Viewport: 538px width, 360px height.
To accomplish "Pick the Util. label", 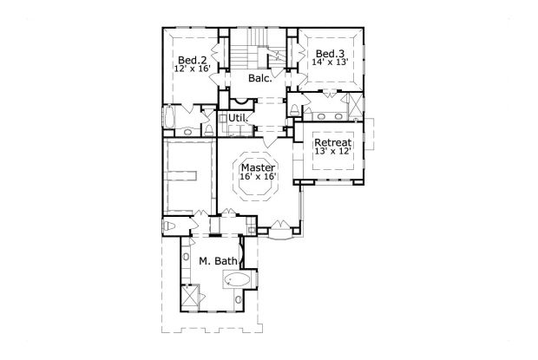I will (x=238, y=117).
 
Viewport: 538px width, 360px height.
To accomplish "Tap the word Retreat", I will (x=332, y=142).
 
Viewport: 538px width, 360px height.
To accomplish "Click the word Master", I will (x=259, y=167).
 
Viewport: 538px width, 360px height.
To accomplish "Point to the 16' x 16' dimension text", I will (x=259, y=177).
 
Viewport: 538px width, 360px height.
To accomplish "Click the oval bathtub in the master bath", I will (x=238, y=279).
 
